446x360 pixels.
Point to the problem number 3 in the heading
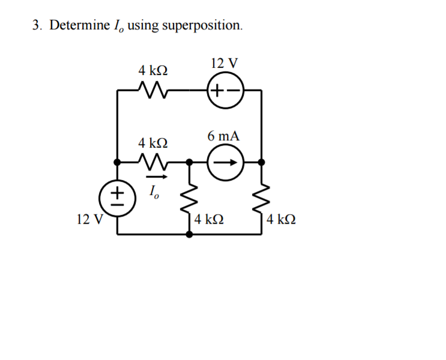35,25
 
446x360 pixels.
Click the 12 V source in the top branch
225,91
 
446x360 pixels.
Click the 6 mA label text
223,136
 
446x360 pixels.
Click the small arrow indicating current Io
154,178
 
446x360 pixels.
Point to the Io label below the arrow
154,193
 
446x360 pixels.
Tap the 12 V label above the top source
224,63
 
